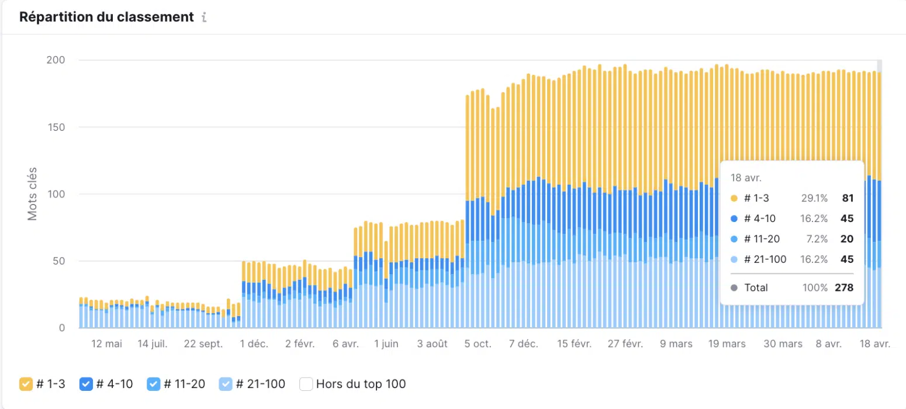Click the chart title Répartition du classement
[x=106, y=17]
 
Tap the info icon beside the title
[x=203, y=18]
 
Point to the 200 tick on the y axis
[x=56, y=60]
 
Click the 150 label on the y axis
[x=56, y=127]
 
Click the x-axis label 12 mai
[x=107, y=344]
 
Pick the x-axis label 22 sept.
[x=203, y=344]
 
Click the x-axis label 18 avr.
[x=874, y=344]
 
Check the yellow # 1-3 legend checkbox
[x=26, y=384]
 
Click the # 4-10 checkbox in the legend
[x=86, y=384]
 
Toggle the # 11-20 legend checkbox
[x=154, y=384]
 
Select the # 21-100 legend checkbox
[x=226, y=384]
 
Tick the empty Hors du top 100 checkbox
[x=306, y=384]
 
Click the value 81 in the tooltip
[x=848, y=198]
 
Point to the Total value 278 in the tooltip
[x=844, y=287]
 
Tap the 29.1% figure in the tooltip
[x=814, y=198]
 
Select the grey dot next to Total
[x=734, y=287]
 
